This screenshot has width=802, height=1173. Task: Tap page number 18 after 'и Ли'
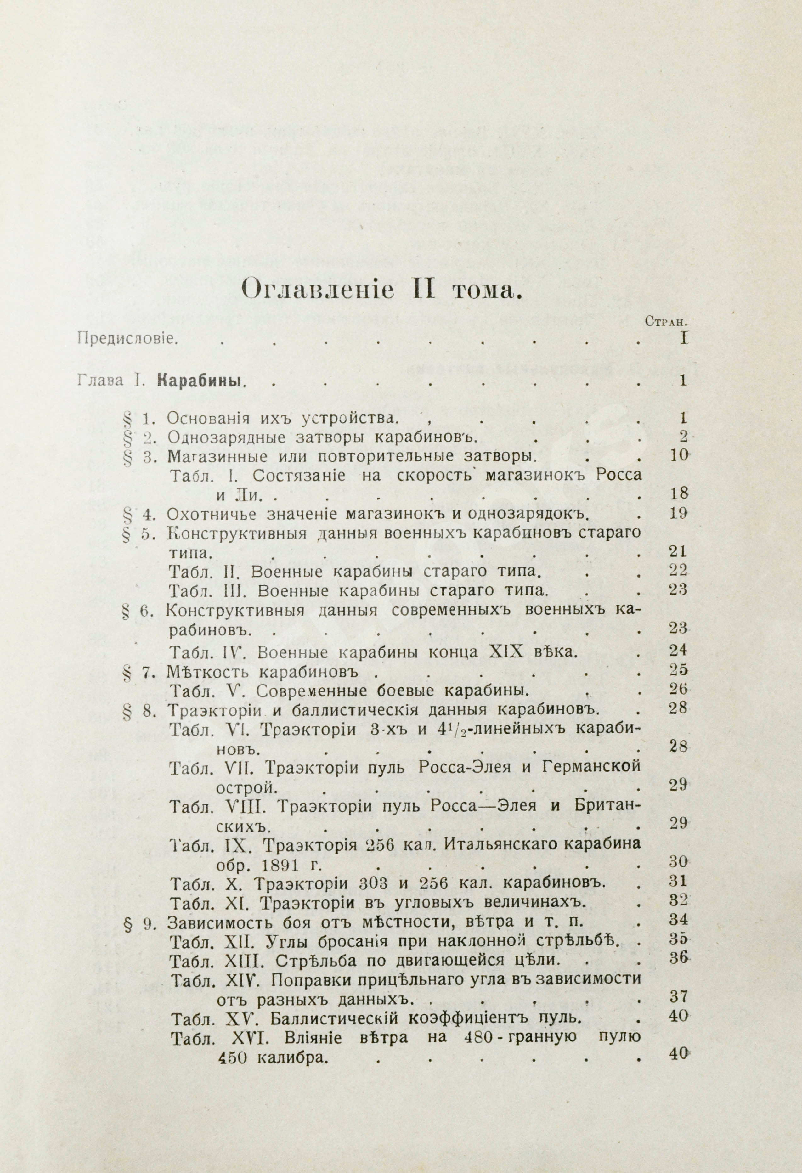(677, 493)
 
